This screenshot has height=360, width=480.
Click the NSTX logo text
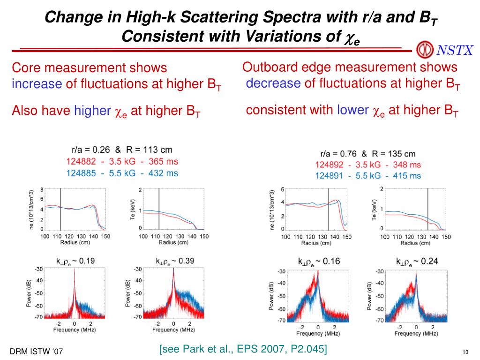coord(455,50)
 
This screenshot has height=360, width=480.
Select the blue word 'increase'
coord(37,84)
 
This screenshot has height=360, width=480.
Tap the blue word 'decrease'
coord(273,83)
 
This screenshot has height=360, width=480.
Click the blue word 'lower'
coord(352,110)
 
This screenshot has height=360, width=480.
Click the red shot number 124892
coord(331,165)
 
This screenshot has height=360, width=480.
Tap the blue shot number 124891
coord(331,176)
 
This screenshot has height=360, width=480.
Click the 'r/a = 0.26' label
coord(91,150)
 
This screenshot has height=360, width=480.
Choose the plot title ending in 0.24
coord(417,262)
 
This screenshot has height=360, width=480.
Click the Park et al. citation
coord(243,349)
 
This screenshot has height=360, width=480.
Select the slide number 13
coord(465,352)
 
